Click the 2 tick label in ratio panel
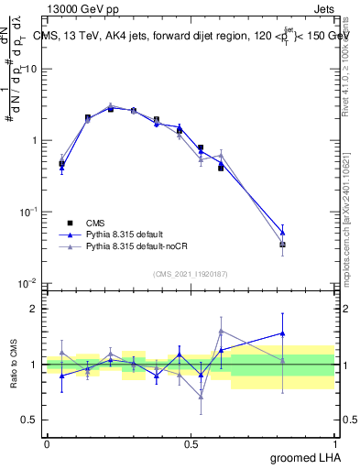[x=35, y=309]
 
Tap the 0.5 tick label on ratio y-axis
[x=30, y=420]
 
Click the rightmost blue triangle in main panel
[x=283, y=233]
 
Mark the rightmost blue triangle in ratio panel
[x=283, y=333]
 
